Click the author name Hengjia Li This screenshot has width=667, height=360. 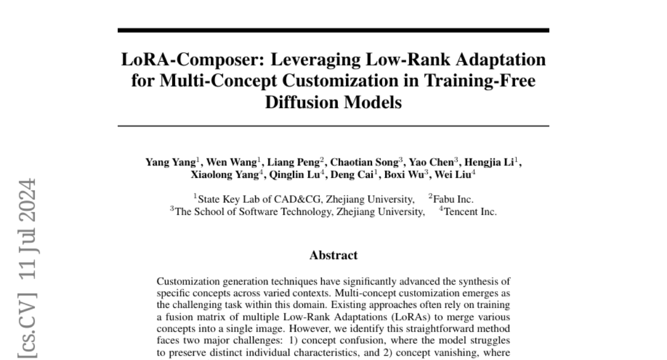pos(492,163)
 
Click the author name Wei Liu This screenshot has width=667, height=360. pos(457,174)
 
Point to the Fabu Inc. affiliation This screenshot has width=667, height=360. pos(454,199)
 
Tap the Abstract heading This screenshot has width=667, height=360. pos(333,256)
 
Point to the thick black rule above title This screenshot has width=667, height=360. pos(333,30)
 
